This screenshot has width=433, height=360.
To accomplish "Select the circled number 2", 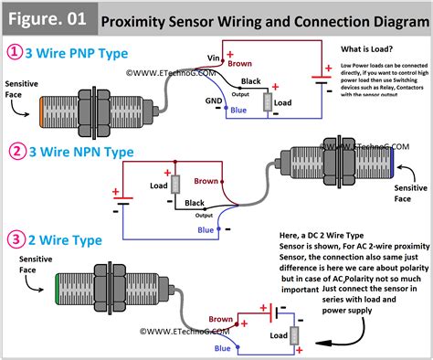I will [16, 152].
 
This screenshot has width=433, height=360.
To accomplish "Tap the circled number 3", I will [16, 241].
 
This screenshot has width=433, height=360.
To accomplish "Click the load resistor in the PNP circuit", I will [268, 101].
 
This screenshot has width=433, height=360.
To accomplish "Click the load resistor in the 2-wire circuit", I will [294, 335].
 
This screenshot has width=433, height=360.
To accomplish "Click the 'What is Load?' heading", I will [368, 48].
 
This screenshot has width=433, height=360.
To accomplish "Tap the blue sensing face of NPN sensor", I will [391, 163].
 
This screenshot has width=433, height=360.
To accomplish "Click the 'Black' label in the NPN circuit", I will [195, 202].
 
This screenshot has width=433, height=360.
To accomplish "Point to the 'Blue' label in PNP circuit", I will [238, 111].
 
